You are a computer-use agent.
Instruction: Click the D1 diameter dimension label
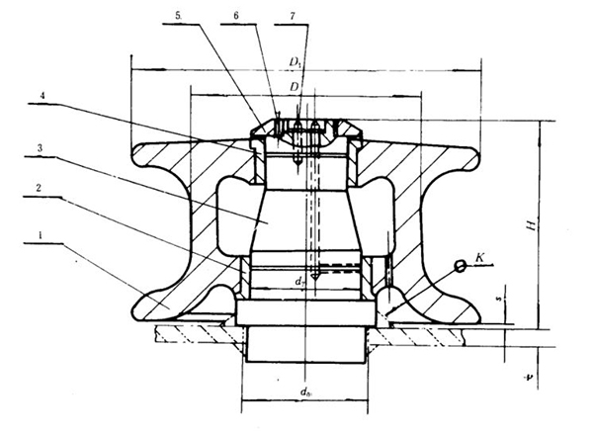[x=296, y=62]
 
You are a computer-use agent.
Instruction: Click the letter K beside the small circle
[x=478, y=257]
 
